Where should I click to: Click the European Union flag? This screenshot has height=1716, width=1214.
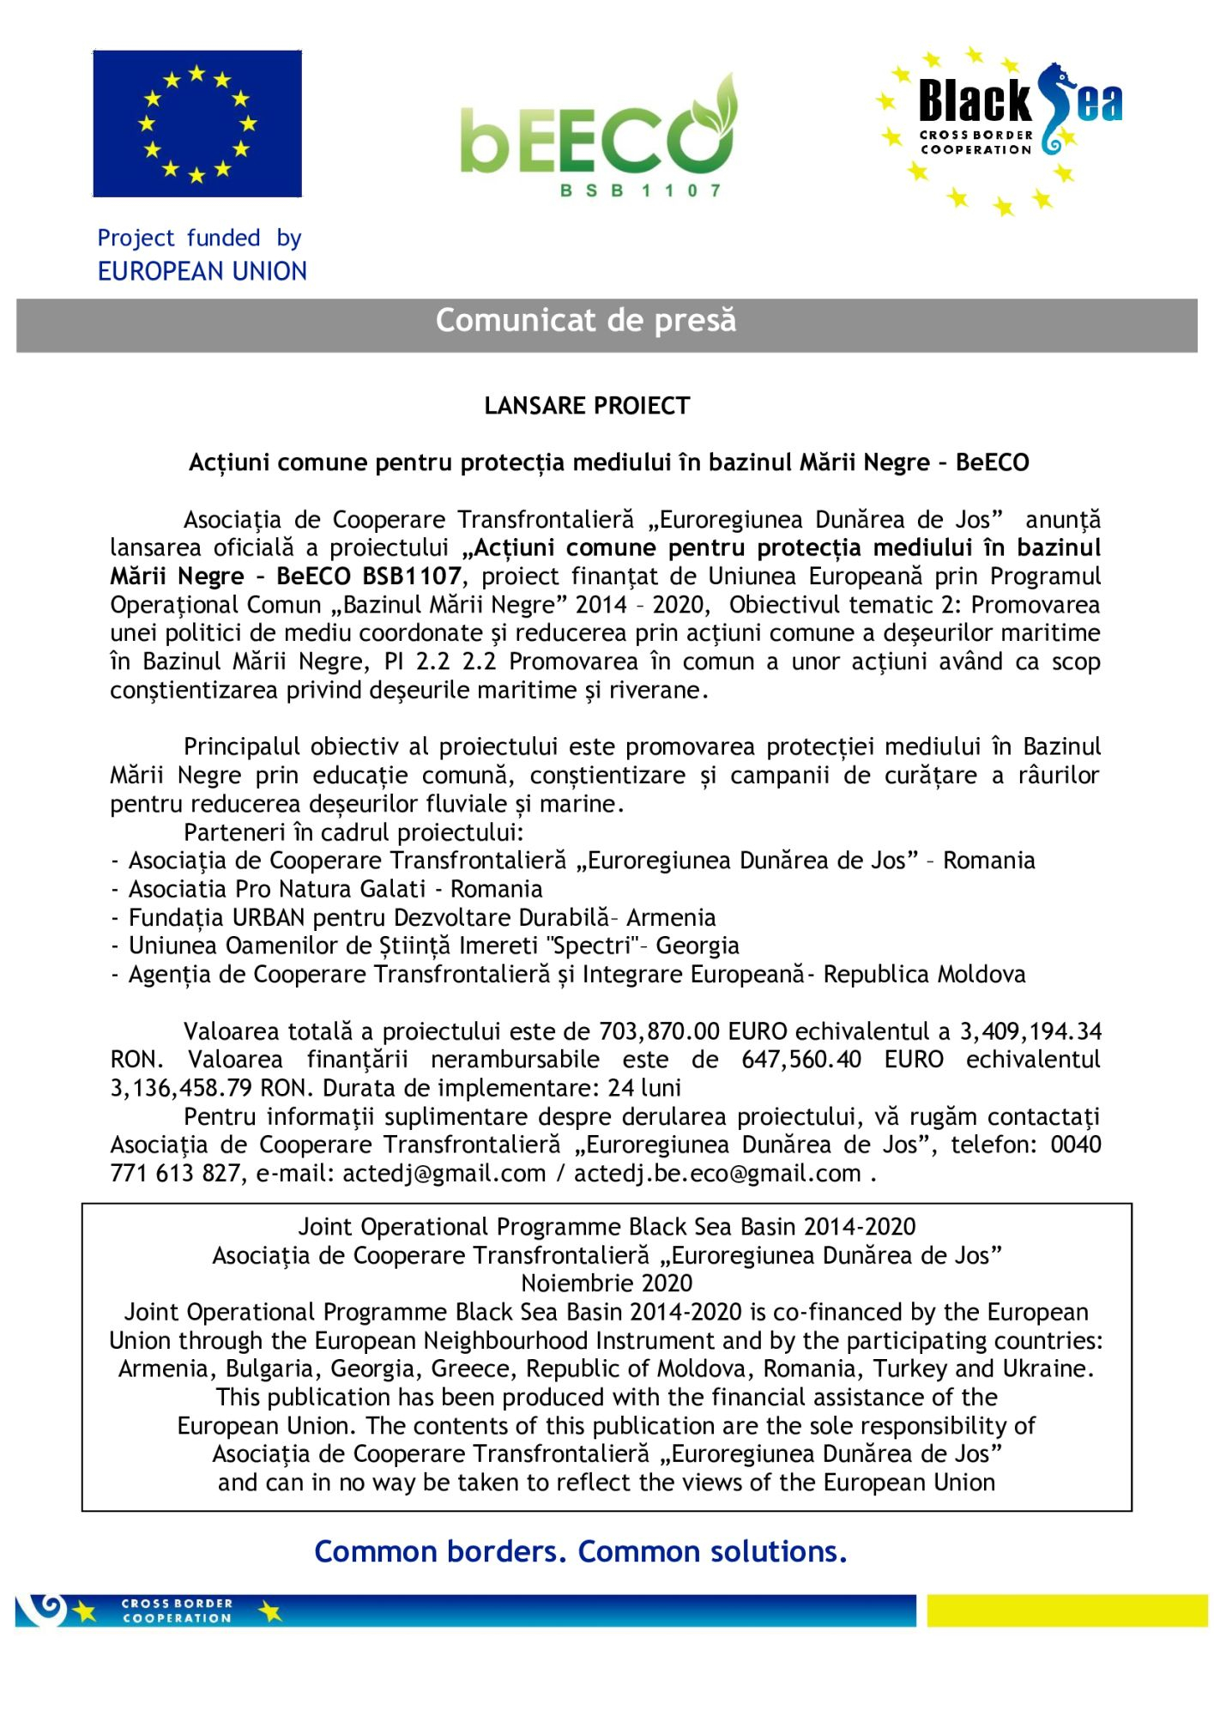(197, 124)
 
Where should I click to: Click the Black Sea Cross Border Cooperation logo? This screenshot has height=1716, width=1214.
(1000, 129)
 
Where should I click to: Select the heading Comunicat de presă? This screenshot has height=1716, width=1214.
(586, 321)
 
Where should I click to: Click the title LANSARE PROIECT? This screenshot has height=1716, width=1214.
(587, 406)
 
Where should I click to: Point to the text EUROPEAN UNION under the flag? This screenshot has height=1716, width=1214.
(202, 271)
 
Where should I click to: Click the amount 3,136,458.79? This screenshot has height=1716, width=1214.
(181, 1088)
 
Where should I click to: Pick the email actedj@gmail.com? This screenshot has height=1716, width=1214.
(444, 1173)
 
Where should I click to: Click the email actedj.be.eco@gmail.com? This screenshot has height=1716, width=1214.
(717, 1173)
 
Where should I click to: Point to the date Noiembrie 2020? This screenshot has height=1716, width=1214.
(607, 1284)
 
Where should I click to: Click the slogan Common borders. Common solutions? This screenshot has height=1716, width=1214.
(581, 1551)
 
